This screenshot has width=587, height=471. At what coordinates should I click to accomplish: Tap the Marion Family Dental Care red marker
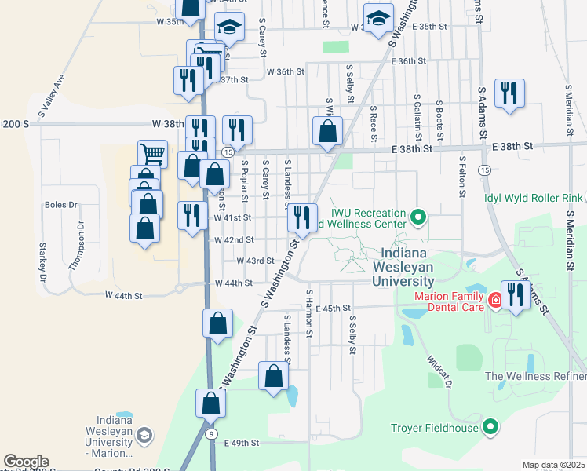coord(495,300)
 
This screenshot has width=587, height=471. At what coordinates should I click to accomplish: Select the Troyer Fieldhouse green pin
coord(490,428)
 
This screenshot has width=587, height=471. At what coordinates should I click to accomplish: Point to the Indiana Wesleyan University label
coord(407,267)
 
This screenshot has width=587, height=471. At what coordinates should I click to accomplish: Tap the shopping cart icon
coord(152,154)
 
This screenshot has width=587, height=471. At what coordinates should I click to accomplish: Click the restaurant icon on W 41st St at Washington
coord(303,217)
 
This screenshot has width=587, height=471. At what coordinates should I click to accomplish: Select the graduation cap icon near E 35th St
coord(378,17)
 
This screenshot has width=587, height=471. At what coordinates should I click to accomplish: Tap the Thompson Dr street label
coord(76,246)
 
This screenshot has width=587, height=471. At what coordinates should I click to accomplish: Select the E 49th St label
coord(241,444)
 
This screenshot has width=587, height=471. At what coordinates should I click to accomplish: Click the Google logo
coord(26,462)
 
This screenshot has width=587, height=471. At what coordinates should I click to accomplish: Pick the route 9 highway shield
coord(210,433)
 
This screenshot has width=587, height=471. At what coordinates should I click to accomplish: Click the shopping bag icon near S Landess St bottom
coord(273,376)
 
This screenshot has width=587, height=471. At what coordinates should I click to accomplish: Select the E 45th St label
coord(331,309)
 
